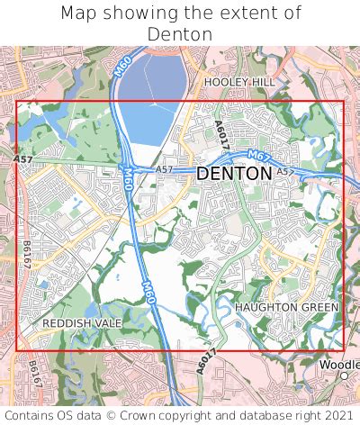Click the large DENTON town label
[x=233, y=173]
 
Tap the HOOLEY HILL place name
[x=240, y=81]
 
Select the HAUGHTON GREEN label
[x=286, y=308]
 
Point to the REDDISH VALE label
[x=82, y=322]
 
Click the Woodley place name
[x=339, y=364]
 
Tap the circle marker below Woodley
[x=343, y=375]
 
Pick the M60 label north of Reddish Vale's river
[x=148, y=293]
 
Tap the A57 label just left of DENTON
[x=164, y=169]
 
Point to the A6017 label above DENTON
[x=222, y=135]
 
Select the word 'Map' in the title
[x=80, y=13]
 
